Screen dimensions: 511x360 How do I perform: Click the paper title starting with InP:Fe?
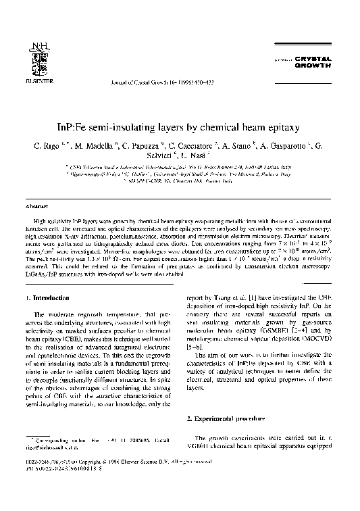[179, 126]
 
